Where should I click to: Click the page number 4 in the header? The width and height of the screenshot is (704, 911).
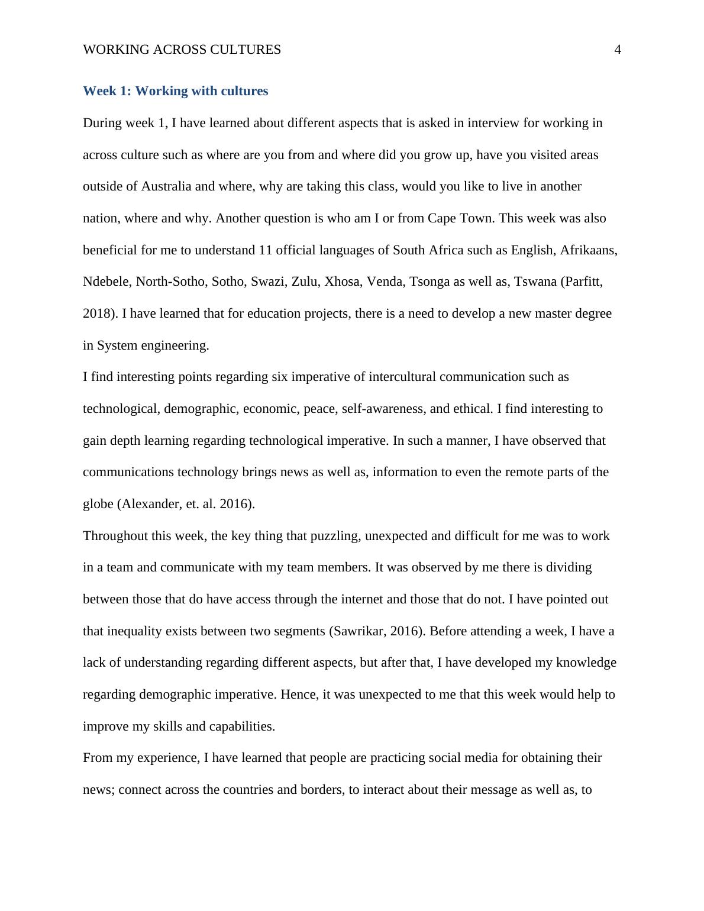(618, 50)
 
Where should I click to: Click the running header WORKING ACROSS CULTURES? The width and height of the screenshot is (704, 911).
(182, 50)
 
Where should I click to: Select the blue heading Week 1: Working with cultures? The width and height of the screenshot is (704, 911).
(175, 91)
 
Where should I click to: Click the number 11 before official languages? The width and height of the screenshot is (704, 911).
(265, 250)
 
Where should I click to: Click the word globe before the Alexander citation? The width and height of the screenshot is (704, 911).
(98, 504)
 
